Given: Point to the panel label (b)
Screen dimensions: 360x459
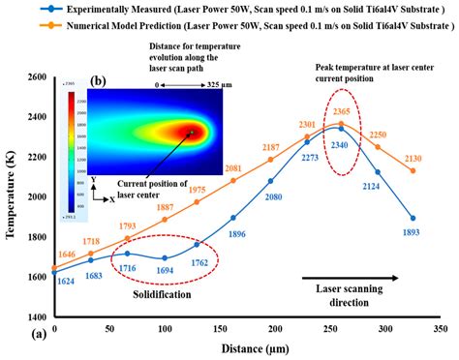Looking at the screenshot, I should click(98, 81).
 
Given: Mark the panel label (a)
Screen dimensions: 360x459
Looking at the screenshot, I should click(13, 333).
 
